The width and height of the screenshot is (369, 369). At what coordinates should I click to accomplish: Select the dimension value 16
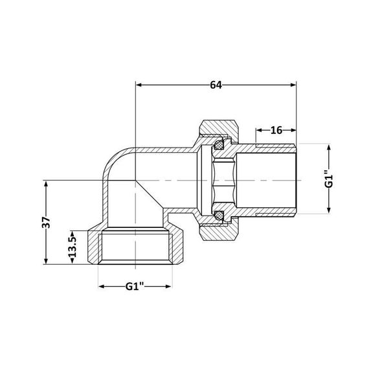[x=276, y=130]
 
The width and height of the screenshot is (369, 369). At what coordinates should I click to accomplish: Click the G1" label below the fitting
[x=135, y=285]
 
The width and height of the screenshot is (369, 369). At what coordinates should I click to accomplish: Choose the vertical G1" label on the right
[x=329, y=177]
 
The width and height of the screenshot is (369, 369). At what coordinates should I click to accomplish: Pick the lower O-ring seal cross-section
[x=220, y=214]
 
